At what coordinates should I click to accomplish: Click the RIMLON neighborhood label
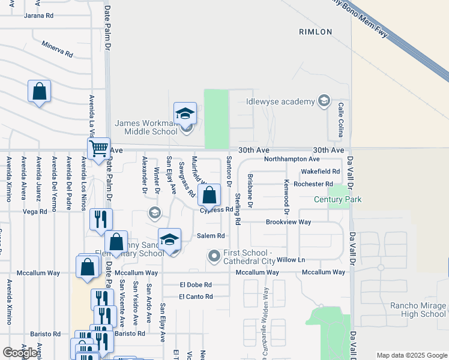315,32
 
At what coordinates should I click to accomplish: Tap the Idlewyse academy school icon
324,101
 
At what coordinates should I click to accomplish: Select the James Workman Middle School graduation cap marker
185,113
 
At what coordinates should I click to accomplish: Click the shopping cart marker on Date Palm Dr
98,148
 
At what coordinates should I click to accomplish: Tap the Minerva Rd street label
57,49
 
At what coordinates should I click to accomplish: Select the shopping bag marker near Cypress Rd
209,195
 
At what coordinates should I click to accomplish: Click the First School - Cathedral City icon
214,257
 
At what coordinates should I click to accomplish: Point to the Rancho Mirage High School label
418,310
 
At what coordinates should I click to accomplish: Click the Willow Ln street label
291,260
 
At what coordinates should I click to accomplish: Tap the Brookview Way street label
289,222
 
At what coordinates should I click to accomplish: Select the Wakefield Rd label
321,171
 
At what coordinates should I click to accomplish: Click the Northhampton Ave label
292,159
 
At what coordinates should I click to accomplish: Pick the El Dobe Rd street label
196,285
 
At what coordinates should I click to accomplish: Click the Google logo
20,353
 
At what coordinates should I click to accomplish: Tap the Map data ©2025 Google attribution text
412,355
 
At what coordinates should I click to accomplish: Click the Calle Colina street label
340,116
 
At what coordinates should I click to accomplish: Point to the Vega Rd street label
35,212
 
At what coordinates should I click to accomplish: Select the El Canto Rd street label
196,296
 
